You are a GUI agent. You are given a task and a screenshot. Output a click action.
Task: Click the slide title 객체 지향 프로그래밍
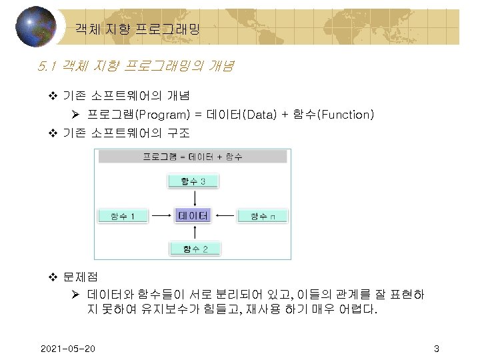tap(137, 29)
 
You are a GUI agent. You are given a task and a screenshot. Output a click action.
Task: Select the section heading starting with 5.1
tap(136, 67)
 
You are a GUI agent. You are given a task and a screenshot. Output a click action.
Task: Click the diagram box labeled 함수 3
tap(193, 181)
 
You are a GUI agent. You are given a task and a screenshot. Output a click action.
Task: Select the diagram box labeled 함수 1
tap(124, 216)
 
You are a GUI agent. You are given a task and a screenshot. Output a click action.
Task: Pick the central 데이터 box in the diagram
tap(193, 215)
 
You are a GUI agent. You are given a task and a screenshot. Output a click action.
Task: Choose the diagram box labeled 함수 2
tap(193, 249)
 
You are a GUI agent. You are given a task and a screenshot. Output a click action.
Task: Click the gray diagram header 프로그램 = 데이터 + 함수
tap(193, 157)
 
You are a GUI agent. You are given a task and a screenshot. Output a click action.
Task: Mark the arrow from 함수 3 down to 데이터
tap(193, 198)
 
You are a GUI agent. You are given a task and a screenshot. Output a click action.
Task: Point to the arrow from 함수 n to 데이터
tap(226, 215)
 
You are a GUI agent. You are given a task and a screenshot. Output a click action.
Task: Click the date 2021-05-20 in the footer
tap(67, 349)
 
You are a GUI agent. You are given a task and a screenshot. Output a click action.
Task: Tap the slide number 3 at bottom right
tap(436, 349)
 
